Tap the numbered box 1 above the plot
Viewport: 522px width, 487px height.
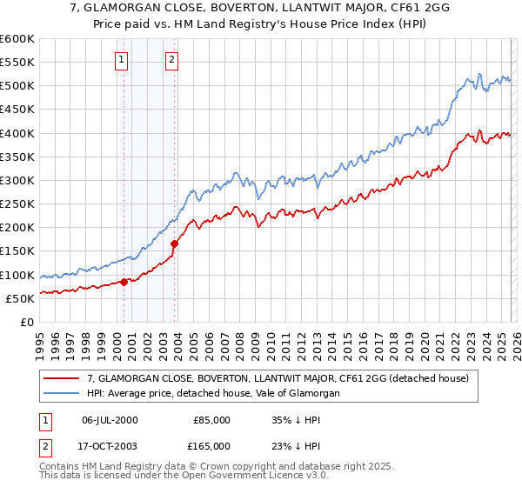(x=120, y=60)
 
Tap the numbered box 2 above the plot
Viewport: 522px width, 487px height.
(x=171, y=60)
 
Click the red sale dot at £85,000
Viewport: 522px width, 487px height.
(x=124, y=282)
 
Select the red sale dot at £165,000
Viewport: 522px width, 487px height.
(x=175, y=243)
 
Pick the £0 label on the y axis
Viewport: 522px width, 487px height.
(x=26, y=322)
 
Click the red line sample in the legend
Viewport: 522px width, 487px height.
(x=62, y=378)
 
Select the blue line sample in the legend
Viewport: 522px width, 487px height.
(x=62, y=393)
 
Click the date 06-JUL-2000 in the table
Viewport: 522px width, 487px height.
(x=109, y=420)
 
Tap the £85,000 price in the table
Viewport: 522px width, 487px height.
(x=212, y=420)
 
